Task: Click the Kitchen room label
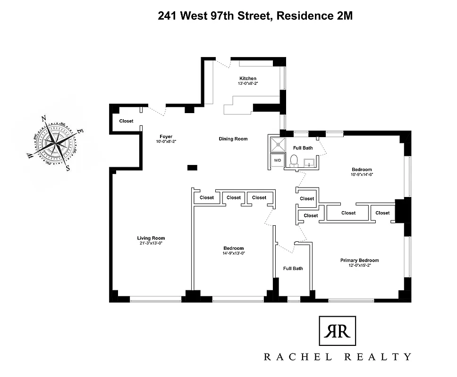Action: click(248, 78)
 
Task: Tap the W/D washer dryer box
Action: click(277, 160)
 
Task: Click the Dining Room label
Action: click(233, 139)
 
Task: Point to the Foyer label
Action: click(166, 137)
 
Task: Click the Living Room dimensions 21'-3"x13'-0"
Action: click(151, 243)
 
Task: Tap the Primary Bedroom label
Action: click(359, 260)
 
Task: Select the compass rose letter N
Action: click(44, 119)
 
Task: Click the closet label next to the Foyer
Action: click(126, 121)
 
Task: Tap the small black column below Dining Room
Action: click(192, 167)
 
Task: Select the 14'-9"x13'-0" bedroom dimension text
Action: click(233, 254)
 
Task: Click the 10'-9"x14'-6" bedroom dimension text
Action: click(362, 174)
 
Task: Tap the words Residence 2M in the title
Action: click(314, 16)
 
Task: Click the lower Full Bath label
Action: click(293, 269)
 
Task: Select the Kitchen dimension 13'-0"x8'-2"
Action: click(248, 83)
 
